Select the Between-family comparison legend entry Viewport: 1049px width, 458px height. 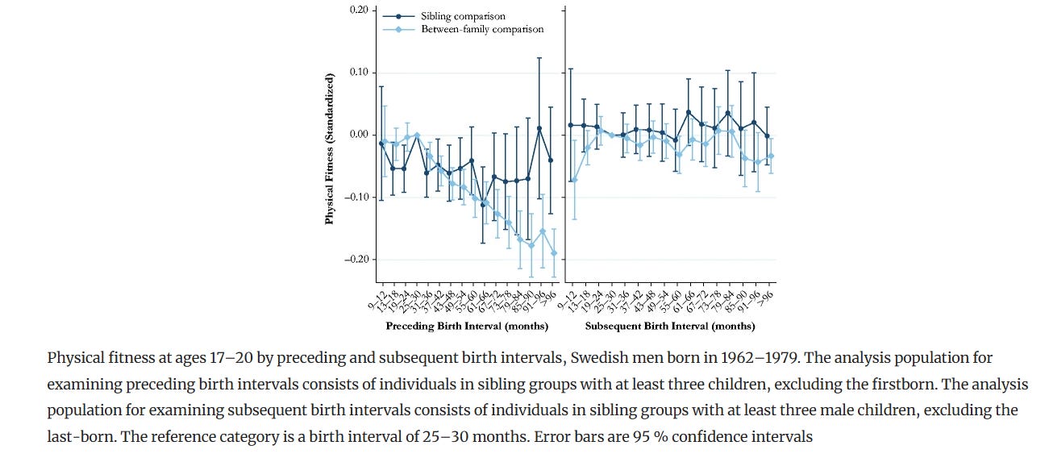point(482,29)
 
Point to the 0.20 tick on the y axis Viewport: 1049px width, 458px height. point(359,10)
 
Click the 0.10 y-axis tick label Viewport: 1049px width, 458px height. point(359,73)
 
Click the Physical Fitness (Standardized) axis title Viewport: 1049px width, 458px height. point(329,148)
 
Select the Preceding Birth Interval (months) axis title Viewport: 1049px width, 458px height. point(467,327)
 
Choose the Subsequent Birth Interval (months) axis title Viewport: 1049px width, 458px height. point(670,327)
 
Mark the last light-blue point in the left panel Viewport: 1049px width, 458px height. point(554,253)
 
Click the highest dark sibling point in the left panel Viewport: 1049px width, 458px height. point(539,128)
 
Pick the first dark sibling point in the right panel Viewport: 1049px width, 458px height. point(571,125)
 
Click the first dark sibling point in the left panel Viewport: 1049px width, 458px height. point(381,144)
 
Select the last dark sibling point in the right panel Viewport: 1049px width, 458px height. point(767,136)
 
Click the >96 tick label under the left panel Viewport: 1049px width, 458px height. point(552,299)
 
